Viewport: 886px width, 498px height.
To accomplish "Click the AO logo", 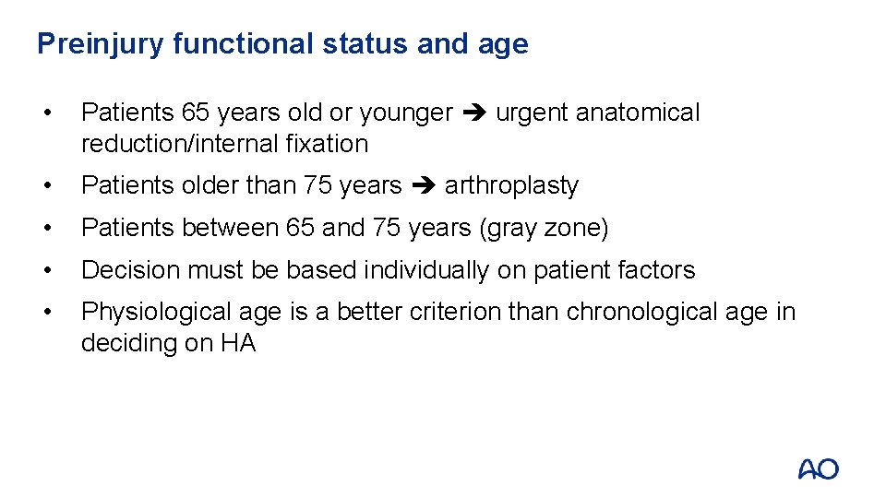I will [818, 469].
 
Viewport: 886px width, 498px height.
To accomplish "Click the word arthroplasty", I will [511, 186].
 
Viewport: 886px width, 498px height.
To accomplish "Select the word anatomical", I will [638, 113].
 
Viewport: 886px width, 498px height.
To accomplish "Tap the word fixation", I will [329, 144].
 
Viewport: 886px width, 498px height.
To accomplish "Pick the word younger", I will [406, 113].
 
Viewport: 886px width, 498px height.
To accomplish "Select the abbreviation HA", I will [238, 344].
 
